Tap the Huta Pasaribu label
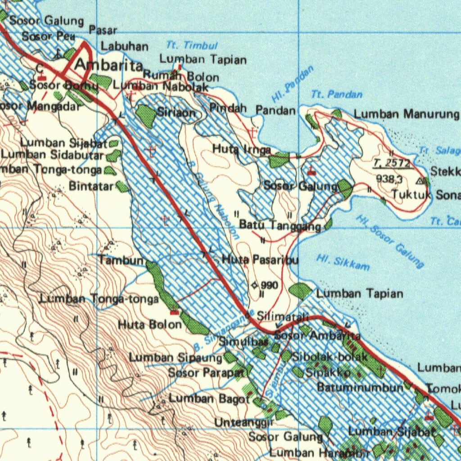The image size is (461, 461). point(260,260)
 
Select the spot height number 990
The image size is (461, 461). point(269,285)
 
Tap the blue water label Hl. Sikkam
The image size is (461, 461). point(343,263)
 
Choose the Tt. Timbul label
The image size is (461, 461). point(192,45)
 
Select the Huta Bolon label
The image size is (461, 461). point(149,324)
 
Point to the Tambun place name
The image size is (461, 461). point(121,260)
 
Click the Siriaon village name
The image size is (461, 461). point(176,113)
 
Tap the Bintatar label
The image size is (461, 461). point(91,185)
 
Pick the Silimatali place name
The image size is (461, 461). point(282,317)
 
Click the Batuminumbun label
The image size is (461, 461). point(360,387)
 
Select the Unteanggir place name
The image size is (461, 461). point(244,422)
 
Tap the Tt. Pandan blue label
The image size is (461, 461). point(337,95)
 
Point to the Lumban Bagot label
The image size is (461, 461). point(209,398)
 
